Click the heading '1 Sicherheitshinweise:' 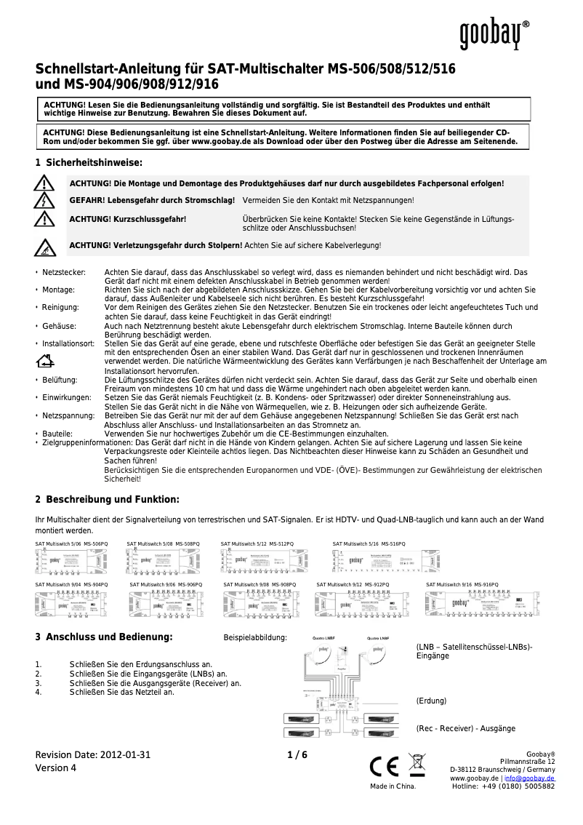[89, 162]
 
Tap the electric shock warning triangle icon [45, 200]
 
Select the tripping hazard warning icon [45, 247]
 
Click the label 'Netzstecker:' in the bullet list [64, 271]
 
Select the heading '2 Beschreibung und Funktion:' [107, 499]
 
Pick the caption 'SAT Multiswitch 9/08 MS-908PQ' [260, 584]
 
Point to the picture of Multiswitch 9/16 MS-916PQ [483, 603]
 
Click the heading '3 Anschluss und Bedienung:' [104, 637]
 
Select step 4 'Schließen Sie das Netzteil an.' [122, 692]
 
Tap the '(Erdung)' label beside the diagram [431, 701]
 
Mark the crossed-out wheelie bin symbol [418, 765]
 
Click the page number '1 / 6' [297, 754]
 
